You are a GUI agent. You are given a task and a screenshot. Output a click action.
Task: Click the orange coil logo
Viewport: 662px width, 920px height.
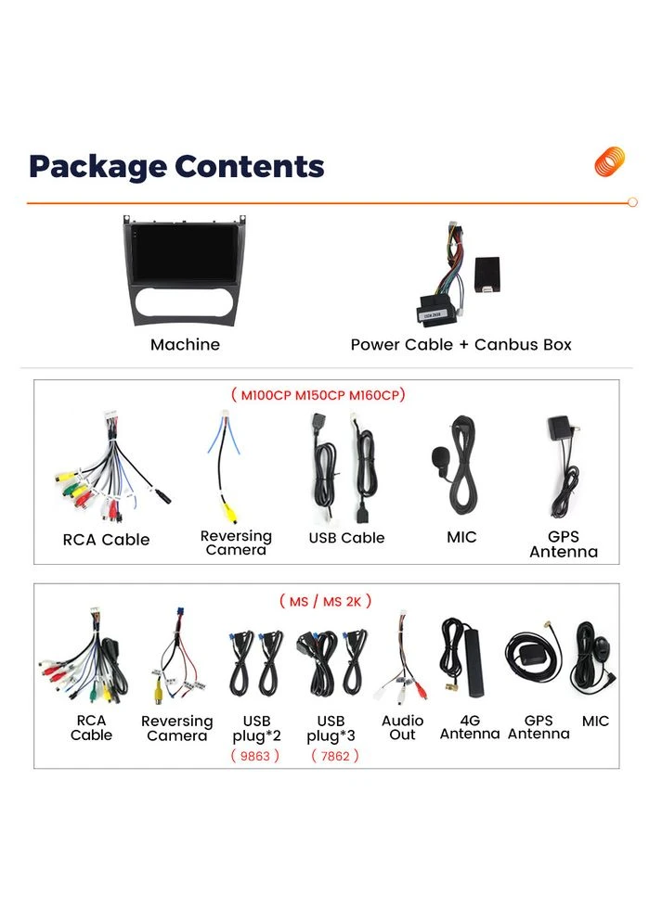pyautogui.click(x=609, y=161)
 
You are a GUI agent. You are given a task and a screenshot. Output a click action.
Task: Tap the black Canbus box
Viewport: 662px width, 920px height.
pyautogui.click(x=487, y=274)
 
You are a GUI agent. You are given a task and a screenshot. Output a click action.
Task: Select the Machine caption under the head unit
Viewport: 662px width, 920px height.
pyautogui.click(x=185, y=344)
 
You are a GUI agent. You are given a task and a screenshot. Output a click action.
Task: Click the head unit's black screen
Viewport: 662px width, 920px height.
pyautogui.click(x=184, y=253)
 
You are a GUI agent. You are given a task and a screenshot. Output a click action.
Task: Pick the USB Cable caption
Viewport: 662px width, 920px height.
pyautogui.click(x=346, y=538)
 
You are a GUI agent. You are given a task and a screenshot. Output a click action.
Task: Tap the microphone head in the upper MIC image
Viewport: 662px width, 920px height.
pyautogui.click(x=439, y=455)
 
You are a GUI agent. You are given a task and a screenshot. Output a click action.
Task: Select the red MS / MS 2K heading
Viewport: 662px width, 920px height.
pyautogui.click(x=325, y=601)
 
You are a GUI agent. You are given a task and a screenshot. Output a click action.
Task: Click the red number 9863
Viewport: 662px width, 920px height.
pyautogui.click(x=255, y=756)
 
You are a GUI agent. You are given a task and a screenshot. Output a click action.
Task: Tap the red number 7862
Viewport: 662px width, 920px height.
pyautogui.click(x=335, y=756)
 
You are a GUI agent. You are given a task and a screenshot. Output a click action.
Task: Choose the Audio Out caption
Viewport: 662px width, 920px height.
pyautogui.click(x=402, y=727)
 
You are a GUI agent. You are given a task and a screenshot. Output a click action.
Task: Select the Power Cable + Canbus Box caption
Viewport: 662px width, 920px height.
pyautogui.click(x=461, y=344)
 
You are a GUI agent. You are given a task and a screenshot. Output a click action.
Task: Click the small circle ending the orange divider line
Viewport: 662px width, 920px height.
pyautogui.click(x=632, y=202)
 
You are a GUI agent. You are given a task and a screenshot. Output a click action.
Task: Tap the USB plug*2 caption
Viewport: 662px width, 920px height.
pyautogui.click(x=256, y=728)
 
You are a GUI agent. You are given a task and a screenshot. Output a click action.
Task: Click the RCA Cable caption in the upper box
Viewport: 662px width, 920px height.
pyautogui.click(x=107, y=539)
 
